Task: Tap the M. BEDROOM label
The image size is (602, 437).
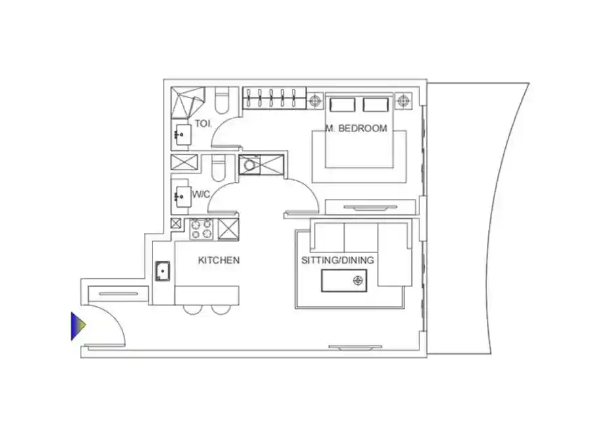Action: click(356, 128)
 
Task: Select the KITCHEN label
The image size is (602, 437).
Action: click(219, 260)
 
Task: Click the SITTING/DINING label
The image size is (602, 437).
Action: click(338, 260)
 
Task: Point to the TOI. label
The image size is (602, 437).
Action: click(203, 124)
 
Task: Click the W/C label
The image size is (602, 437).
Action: click(201, 194)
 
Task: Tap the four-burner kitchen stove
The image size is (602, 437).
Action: click(202, 229)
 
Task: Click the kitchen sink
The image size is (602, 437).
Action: click(163, 271)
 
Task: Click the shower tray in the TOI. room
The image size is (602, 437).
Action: click(188, 103)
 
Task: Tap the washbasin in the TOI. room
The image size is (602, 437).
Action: click(182, 134)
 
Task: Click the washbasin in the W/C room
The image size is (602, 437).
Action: click(182, 197)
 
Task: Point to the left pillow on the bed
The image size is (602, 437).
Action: click(342, 105)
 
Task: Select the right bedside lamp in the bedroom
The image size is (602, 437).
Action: click(402, 101)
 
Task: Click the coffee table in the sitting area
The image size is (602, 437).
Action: click(344, 281)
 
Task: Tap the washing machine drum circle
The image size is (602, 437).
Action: click(249, 166)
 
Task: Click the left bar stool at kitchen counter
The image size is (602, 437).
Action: click(192, 309)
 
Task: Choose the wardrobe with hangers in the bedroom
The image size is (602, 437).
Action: click(275, 98)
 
